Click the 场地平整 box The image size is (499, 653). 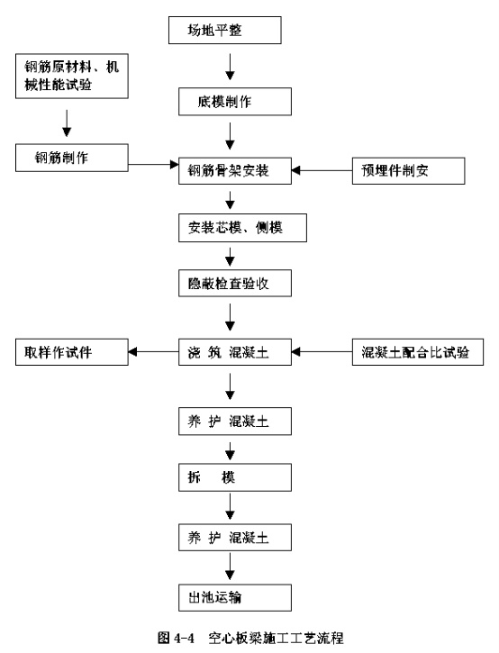tap(225, 30)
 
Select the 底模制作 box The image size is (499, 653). tap(235, 102)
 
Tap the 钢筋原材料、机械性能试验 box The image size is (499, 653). tap(72, 76)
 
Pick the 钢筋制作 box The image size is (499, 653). tap(72, 158)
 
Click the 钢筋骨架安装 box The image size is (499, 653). tap(235, 171)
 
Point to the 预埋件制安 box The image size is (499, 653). tap(408, 171)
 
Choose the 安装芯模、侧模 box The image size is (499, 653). tap(242, 228)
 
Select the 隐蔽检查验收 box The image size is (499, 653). tap(235, 283)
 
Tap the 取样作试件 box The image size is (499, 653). tap(72, 352)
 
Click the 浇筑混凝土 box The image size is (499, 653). tap(235, 352)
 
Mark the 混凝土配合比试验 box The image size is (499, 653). tap(418, 352)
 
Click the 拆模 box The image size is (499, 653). tap(235, 477)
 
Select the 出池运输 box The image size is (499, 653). tap(235, 598)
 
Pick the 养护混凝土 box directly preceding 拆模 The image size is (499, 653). tap(235, 422)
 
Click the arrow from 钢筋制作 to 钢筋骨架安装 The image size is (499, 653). tap(153, 165)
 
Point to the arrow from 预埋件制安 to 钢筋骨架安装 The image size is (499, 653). tap(322, 170)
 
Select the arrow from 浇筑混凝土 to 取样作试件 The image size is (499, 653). tap(153, 352)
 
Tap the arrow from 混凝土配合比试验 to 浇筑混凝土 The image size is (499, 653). tap(322, 352)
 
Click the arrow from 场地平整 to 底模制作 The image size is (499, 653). tap(230, 67)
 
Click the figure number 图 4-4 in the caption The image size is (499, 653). tap(177, 637)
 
